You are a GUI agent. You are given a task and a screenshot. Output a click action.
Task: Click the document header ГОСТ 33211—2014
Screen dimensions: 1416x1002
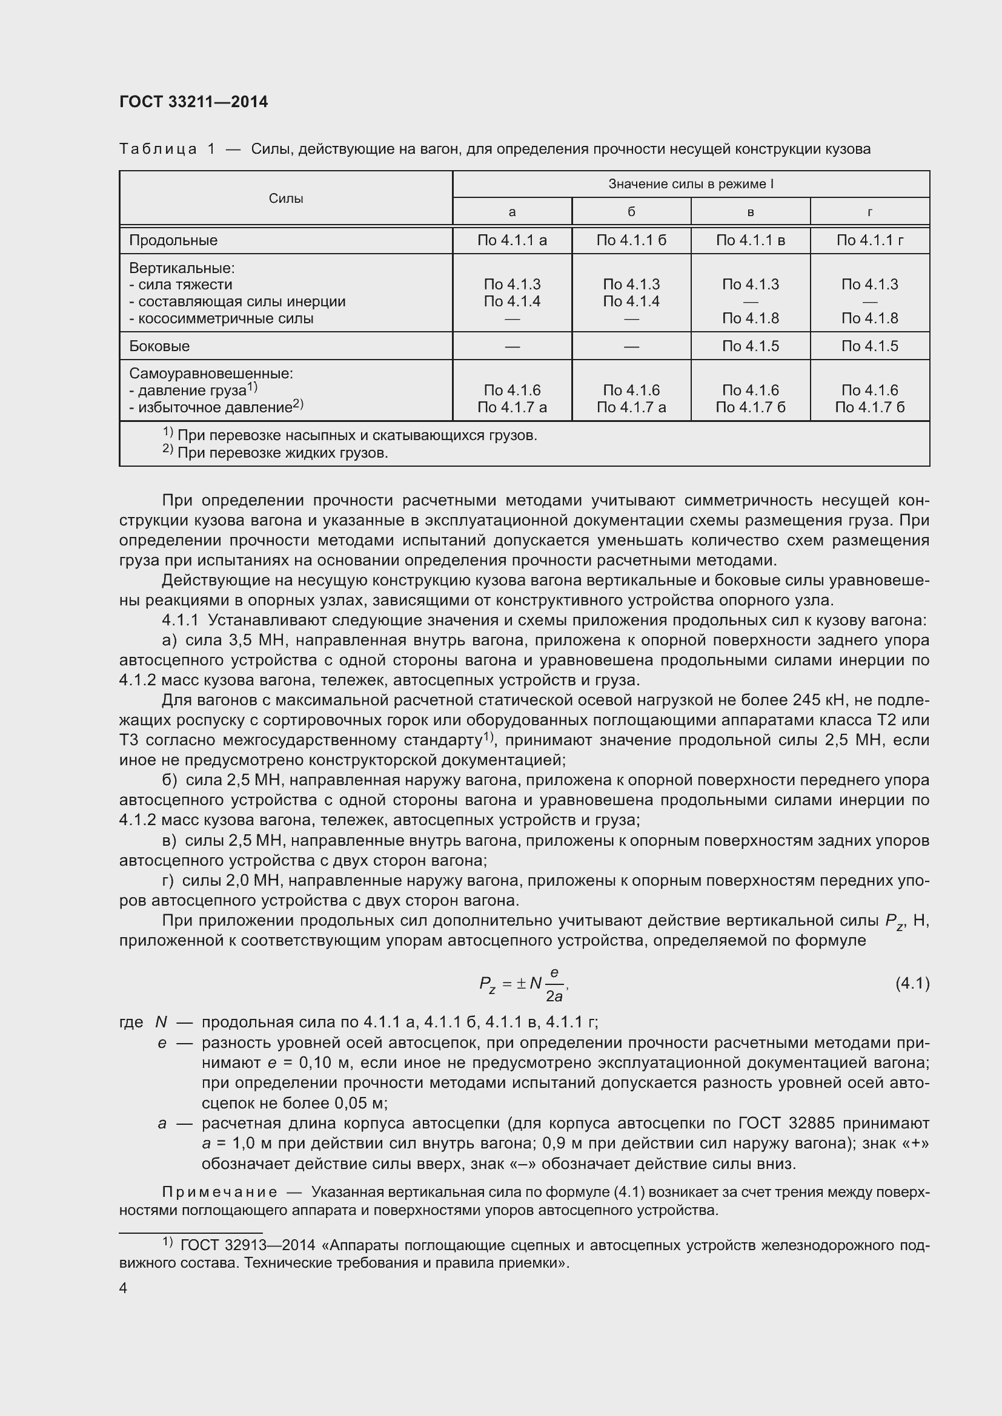(x=193, y=102)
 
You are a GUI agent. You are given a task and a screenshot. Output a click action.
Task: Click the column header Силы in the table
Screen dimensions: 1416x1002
(x=286, y=198)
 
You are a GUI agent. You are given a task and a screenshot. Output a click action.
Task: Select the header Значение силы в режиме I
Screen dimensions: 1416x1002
(x=691, y=184)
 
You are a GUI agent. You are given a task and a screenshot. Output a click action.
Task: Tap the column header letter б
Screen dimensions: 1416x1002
(x=631, y=212)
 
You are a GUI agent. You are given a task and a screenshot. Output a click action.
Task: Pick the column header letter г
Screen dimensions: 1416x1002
(x=869, y=212)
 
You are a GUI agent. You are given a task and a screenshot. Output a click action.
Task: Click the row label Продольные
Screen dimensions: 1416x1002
(x=173, y=240)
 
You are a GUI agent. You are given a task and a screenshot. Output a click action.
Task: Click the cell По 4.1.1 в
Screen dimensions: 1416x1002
(x=750, y=240)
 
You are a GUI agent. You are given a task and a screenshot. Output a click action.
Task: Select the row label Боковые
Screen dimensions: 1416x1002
(x=159, y=346)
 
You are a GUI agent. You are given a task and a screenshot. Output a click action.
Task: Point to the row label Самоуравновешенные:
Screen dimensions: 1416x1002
(x=211, y=373)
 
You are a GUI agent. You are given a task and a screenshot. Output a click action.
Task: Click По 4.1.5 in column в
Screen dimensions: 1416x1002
(x=750, y=346)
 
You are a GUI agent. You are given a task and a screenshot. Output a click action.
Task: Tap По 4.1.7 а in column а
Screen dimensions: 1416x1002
(x=511, y=407)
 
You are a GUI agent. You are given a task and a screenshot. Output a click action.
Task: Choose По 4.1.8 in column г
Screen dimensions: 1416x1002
(x=869, y=318)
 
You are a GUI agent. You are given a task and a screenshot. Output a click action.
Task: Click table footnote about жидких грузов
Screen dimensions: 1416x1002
(x=282, y=453)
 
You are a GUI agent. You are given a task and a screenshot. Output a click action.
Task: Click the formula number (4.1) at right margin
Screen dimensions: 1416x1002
(x=912, y=983)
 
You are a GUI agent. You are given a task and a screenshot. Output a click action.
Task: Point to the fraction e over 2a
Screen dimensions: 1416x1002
(x=554, y=984)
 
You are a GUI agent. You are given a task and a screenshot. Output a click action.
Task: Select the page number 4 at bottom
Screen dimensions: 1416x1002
(x=124, y=1288)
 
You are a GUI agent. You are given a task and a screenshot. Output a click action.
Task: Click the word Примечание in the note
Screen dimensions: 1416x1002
(x=219, y=1191)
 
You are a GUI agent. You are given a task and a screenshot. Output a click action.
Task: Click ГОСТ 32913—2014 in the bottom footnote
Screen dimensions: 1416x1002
(x=248, y=1245)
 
